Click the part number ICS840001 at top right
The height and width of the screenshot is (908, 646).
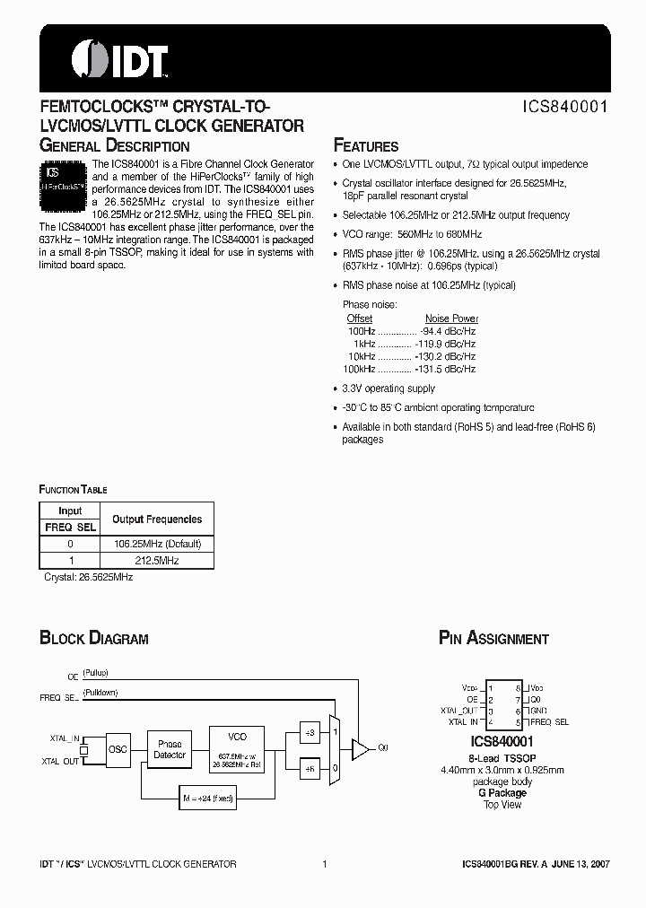(565, 106)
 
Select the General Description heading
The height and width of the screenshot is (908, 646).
(114, 145)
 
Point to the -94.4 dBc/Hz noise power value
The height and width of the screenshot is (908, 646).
(448, 331)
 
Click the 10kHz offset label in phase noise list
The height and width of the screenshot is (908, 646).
(362, 356)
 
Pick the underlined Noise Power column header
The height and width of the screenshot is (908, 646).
(451, 319)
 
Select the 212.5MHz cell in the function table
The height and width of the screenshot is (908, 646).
(157, 561)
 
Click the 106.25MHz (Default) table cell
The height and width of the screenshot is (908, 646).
(157, 544)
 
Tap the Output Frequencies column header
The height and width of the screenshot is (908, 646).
(157, 519)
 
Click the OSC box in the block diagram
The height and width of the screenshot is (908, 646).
(118, 747)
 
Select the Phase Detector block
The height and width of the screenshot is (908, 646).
(170, 749)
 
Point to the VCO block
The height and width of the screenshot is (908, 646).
(238, 747)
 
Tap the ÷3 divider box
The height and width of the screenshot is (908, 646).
(310, 732)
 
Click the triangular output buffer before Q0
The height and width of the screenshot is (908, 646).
(359, 746)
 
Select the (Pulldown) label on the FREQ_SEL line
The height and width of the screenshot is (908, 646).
(100, 693)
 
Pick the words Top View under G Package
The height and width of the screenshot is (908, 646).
(502, 805)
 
